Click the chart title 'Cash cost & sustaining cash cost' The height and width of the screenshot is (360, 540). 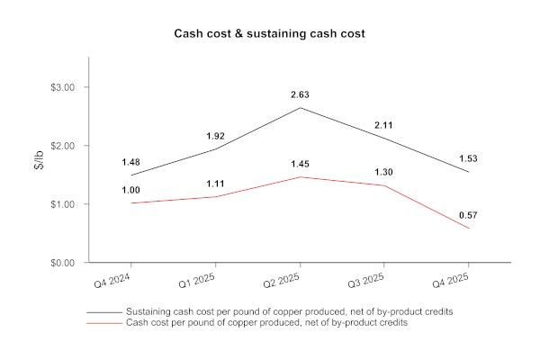tap(270, 34)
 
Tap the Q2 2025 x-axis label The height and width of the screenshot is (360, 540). tap(283, 282)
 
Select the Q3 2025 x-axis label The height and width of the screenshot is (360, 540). tap(368, 282)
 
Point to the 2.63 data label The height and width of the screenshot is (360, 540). tap(300, 94)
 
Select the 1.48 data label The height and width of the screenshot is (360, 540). tap(130, 162)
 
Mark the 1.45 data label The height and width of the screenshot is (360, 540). tap(300, 164)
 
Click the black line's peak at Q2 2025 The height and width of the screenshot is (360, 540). tap(300, 108)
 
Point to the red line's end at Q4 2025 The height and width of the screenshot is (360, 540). tap(469, 229)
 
